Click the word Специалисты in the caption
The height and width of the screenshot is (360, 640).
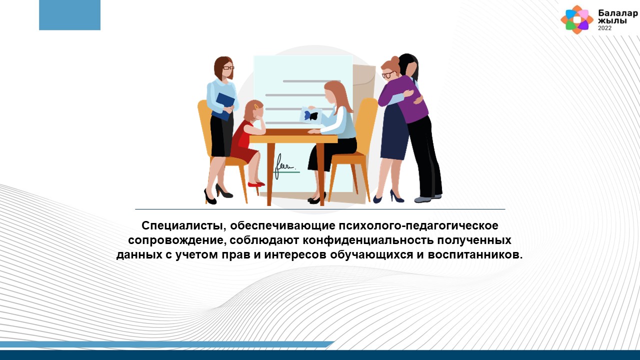click(x=181, y=225)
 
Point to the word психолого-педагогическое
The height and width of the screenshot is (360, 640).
click(x=418, y=225)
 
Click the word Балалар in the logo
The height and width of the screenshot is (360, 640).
click(x=617, y=13)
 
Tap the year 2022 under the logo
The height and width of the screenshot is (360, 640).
click(x=605, y=28)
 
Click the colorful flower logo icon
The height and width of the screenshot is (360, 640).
click(x=577, y=19)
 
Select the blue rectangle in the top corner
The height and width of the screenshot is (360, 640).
click(x=69, y=15)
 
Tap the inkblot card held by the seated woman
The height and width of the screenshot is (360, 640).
click(x=310, y=115)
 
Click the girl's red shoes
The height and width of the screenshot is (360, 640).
click(x=256, y=184)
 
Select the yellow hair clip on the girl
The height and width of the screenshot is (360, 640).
click(x=256, y=106)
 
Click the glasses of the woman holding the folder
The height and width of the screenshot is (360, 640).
click(x=228, y=68)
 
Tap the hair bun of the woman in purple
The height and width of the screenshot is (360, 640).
click(x=395, y=60)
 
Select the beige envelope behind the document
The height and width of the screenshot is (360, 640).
click(x=364, y=83)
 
